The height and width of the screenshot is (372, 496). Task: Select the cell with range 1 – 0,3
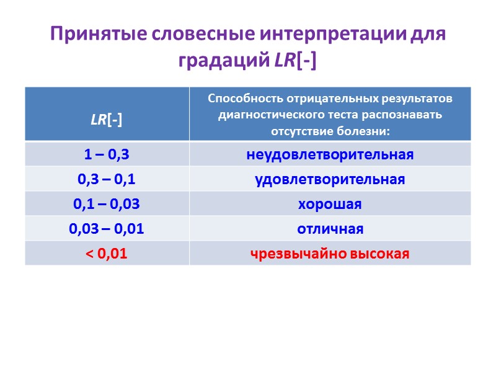tap(107, 154)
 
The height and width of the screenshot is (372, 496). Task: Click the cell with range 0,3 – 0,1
tap(107, 179)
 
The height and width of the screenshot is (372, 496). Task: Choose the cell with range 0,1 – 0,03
tap(107, 204)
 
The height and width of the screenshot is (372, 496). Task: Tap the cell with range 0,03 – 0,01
tap(107, 229)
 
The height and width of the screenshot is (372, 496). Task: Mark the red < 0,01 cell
tap(107, 254)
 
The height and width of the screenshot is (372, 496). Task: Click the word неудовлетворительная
tap(330, 154)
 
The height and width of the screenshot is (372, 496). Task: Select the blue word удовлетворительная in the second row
tap(330, 179)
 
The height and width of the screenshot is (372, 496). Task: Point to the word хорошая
tap(330, 204)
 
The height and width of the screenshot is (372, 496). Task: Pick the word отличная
tap(330, 229)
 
